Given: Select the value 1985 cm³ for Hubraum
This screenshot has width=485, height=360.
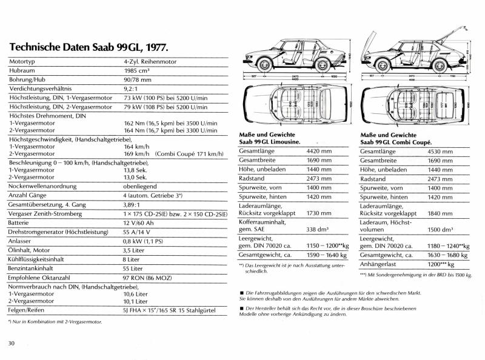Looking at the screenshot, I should click(137, 70).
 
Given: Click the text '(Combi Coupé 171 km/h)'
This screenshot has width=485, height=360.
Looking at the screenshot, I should click(189, 154).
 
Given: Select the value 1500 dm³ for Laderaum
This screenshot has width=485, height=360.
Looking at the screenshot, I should click(441, 230).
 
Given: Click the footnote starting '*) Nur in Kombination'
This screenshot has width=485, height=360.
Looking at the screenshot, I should click(55, 321).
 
